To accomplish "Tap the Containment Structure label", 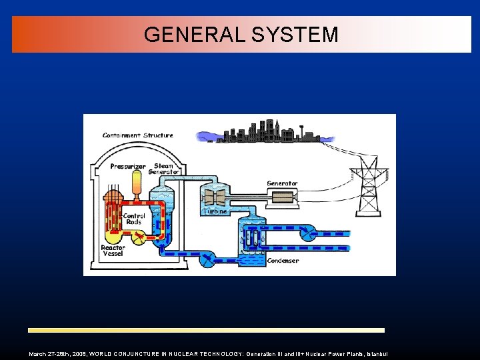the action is [137, 135].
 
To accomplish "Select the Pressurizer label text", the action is [127, 166].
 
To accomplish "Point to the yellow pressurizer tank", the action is [137, 183].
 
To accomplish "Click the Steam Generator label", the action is [165, 169].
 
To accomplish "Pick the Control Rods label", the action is [133, 219].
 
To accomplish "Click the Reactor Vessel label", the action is [113, 251].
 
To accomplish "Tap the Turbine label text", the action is [215, 211].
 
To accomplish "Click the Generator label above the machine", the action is [282, 183].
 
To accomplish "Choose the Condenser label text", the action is [283, 261].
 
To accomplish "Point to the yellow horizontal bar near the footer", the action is [206, 330].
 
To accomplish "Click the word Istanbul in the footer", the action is [377, 354].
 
